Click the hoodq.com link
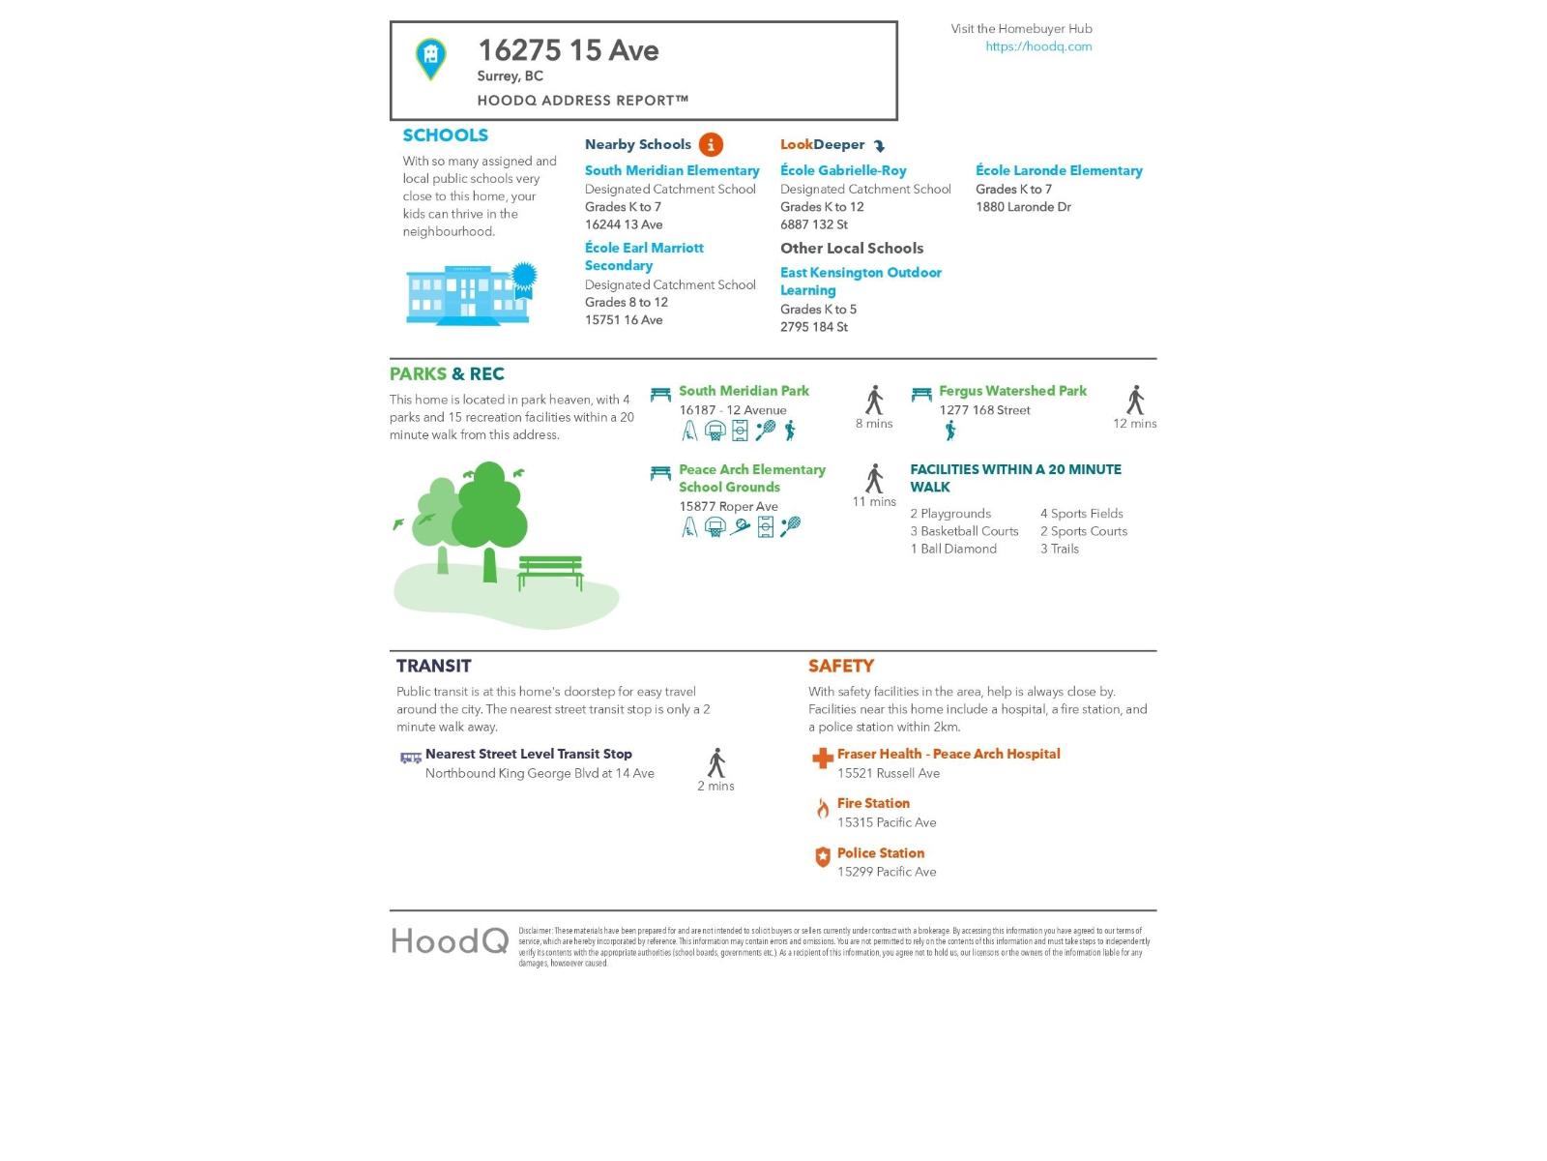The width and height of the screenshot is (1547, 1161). click(1038, 46)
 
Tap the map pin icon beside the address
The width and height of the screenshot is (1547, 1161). click(431, 58)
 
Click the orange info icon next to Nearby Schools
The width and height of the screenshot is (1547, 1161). click(711, 145)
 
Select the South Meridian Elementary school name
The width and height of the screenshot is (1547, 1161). click(672, 170)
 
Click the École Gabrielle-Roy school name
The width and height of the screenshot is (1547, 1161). click(843, 170)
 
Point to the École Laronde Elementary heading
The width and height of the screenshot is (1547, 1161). click(1059, 170)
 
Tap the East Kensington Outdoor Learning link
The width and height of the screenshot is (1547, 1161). click(861, 282)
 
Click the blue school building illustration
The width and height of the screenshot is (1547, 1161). click(470, 294)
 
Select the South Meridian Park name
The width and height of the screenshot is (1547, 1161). click(744, 391)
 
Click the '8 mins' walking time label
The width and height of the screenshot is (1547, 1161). click(874, 424)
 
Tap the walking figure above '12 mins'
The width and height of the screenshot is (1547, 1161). click(1135, 400)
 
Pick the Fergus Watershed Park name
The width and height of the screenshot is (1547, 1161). click(1012, 391)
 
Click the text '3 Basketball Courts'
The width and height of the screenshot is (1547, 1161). click(964, 531)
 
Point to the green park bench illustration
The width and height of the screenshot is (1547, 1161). click(550, 571)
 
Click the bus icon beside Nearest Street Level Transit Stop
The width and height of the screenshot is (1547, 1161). click(411, 758)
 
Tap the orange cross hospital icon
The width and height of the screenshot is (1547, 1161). click(822, 759)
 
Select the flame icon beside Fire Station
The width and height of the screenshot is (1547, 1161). click(822, 809)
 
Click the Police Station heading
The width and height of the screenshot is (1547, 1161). click(880, 853)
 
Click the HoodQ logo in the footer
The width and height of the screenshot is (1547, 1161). click(450, 940)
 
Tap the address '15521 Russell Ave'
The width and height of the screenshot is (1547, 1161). click(889, 773)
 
